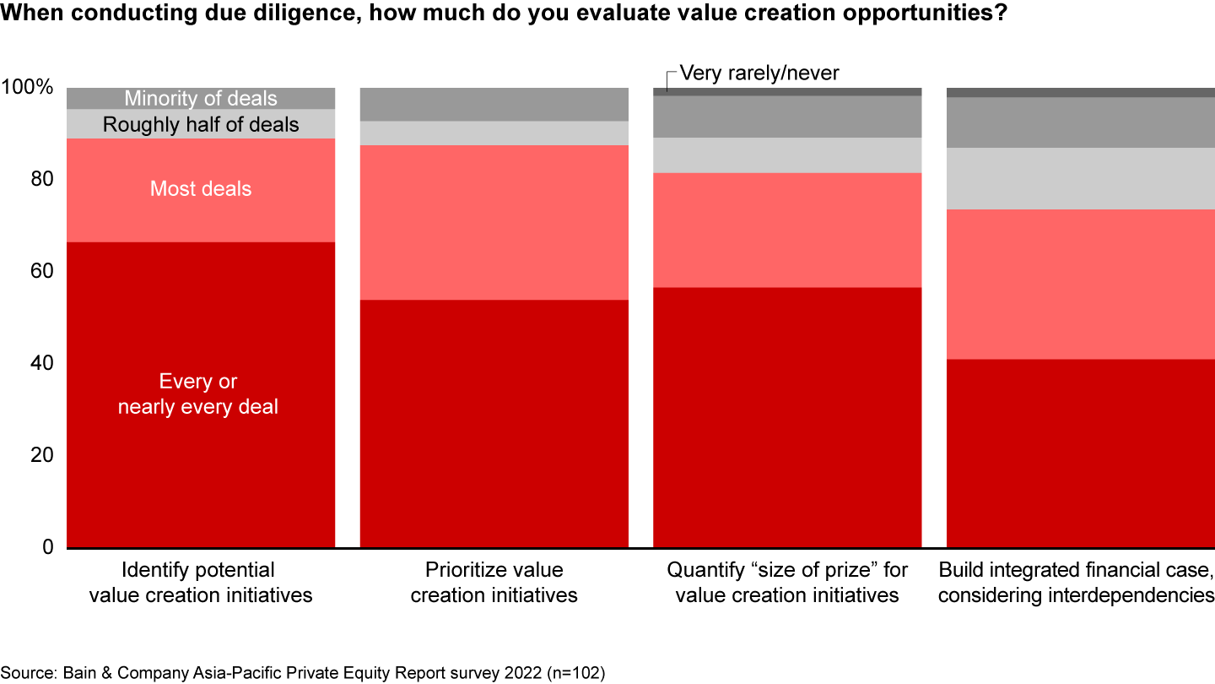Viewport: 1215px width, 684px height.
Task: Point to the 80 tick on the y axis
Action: [39, 180]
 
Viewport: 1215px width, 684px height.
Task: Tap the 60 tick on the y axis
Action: [39, 272]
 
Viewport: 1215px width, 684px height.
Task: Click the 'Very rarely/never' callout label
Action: [759, 73]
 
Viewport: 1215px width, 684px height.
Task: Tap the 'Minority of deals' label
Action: [201, 99]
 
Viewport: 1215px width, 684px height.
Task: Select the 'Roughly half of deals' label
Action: [201, 125]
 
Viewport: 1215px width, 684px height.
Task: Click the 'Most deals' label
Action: [201, 188]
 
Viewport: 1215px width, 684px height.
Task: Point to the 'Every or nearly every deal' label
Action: [198, 394]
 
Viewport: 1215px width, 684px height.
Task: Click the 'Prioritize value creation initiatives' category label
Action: [494, 583]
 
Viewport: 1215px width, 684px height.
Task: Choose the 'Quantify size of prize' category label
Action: [787, 583]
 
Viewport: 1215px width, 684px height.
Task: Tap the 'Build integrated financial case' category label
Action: [1076, 583]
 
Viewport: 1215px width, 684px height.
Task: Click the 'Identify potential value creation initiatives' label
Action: [201, 583]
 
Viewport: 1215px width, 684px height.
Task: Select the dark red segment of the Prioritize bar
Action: [494, 423]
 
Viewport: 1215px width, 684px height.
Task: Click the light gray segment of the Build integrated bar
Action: [1080, 178]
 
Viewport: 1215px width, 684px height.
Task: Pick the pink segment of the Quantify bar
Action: [787, 230]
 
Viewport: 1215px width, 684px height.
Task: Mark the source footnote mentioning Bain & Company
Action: [303, 673]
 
